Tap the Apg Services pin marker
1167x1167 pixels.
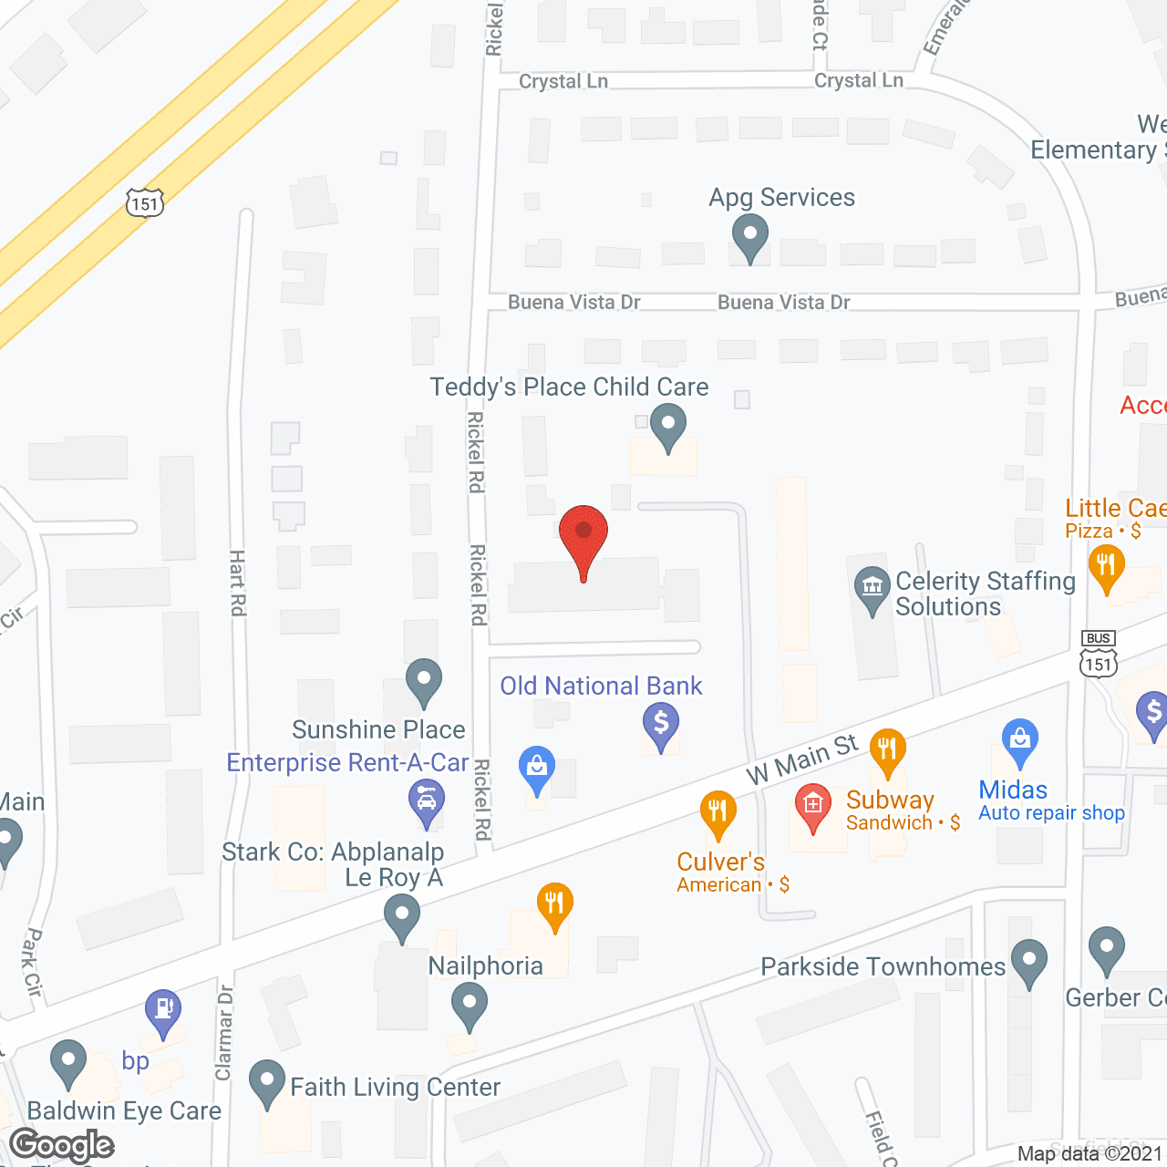(x=749, y=237)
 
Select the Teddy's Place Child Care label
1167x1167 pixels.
(x=569, y=387)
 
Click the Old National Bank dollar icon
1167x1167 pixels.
(x=661, y=726)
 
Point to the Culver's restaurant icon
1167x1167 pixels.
(x=718, y=813)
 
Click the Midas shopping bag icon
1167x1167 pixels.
(x=1019, y=743)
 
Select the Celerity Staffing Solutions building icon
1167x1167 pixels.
(x=873, y=589)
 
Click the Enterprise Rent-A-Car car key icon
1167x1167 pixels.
(x=426, y=803)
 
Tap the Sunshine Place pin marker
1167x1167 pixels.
(x=424, y=682)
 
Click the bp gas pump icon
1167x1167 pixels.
(x=163, y=1012)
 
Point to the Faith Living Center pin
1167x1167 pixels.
(x=267, y=1083)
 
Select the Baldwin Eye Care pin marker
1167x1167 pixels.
(x=67, y=1063)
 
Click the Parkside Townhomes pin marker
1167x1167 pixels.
(x=1029, y=963)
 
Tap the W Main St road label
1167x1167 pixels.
(x=802, y=759)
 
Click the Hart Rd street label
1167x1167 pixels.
(x=238, y=583)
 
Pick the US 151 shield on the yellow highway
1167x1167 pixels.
(x=144, y=202)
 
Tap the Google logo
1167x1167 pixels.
(x=62, y=1145)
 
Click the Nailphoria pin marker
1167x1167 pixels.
(x=470, y=1007)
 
